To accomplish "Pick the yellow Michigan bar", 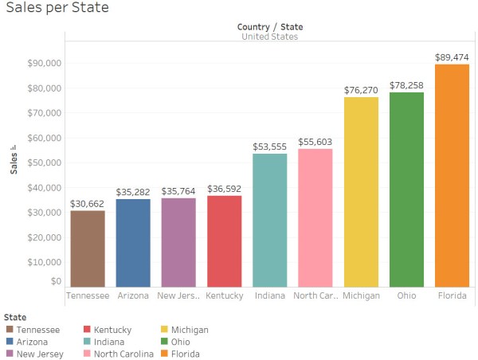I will click(360, 192).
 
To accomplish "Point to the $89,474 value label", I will click(452, 57).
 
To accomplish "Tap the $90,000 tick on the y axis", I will click(45, 63).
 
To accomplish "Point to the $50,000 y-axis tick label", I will click(45, 162).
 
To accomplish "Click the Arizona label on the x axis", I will click(132, 295).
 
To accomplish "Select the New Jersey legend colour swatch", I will click(10, 353).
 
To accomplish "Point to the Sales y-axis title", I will click(14, 160).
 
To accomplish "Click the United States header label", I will click(269, 37).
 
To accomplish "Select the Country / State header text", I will click(269, 27).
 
